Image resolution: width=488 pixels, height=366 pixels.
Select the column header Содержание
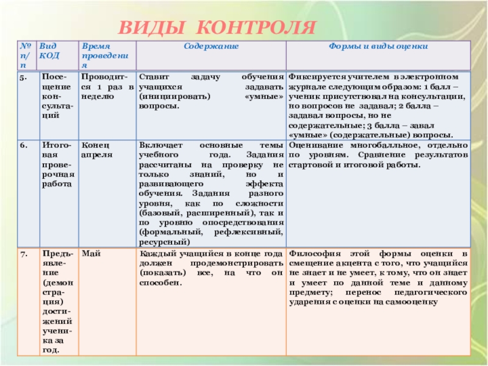pos(210,46)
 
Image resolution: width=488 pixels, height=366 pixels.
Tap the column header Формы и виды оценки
pos(378,46)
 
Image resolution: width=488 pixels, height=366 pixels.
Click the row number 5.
pos(23,78)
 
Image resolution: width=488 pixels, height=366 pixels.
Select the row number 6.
pos(23,146)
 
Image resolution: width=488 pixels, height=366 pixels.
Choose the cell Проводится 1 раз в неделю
pos(105,87)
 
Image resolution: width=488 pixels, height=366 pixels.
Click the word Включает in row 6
pos(157,146)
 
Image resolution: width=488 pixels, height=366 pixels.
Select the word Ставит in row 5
pos(152,78)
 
